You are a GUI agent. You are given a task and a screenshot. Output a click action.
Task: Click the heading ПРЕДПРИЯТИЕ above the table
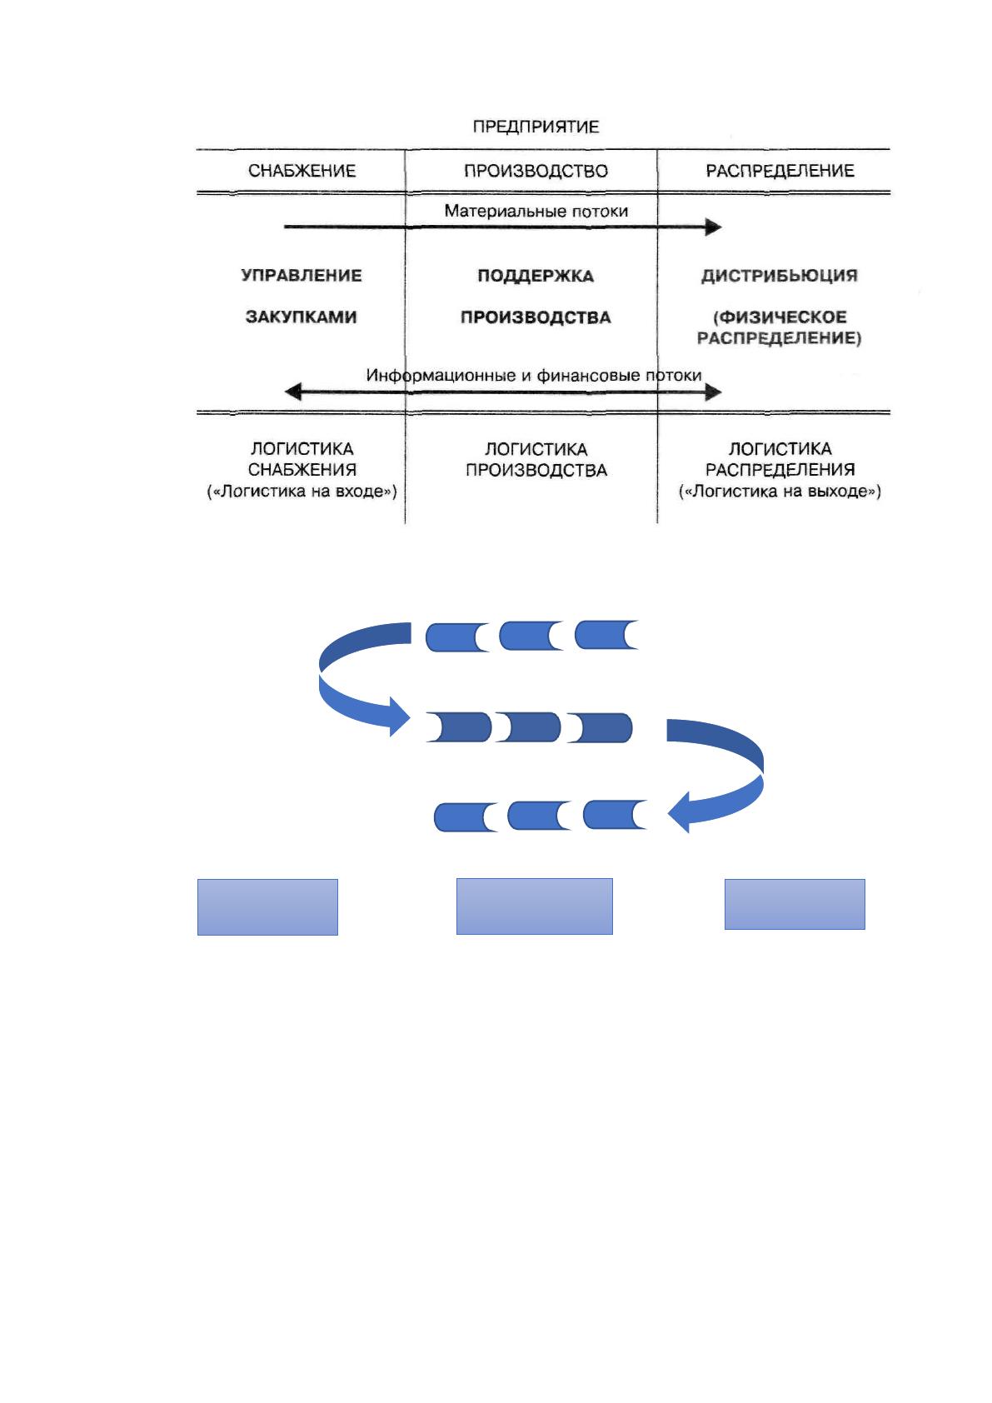click(536, 127)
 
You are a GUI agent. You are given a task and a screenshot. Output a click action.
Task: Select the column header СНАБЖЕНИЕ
click(302, 170)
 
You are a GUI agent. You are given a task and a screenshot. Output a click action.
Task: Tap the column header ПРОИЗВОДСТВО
click(536, 171)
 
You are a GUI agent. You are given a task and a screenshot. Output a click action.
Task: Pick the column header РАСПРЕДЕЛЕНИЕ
click(780, 170)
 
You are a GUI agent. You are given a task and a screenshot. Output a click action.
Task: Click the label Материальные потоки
click(536, 211)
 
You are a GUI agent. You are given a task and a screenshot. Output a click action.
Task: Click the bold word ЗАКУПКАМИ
click(302, 317)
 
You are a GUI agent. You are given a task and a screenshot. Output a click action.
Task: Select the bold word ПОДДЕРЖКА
click(536, 276)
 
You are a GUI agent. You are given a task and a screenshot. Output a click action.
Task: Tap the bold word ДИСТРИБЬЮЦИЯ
click(780, 276)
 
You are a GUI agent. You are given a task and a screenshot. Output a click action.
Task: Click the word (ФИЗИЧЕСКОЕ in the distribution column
click(780, 317)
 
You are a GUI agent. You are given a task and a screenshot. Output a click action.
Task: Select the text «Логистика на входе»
click(302, 491)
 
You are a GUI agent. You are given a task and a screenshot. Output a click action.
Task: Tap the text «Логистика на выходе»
click(780, 491)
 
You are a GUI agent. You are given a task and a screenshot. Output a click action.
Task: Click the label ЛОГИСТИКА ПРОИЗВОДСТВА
click(536, 459)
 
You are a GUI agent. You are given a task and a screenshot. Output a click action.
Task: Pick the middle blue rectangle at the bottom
click(534, 906)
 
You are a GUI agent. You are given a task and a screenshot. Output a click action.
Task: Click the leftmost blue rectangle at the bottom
click(267, 907)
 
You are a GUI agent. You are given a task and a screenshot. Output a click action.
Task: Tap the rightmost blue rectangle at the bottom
click(795, 904)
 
